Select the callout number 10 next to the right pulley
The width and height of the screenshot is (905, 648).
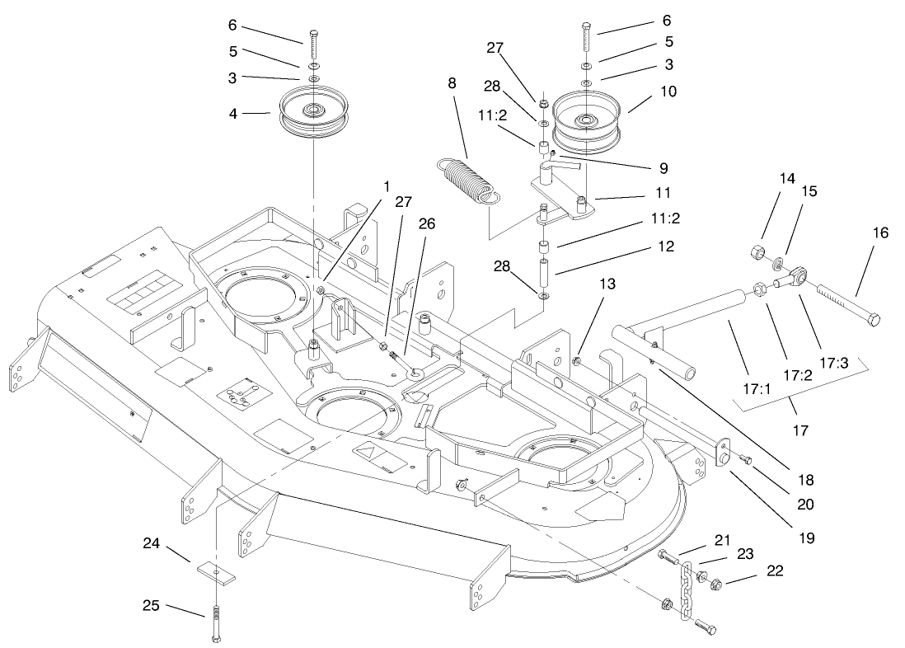coord(668,92)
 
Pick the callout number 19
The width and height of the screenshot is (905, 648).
coord(805,538)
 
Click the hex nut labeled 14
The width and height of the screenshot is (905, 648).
coord(759,252)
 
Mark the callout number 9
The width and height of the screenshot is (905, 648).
coord(663,168)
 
